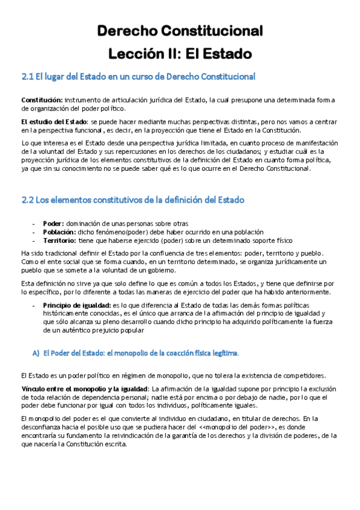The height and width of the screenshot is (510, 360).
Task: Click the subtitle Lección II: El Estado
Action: pos(180,54)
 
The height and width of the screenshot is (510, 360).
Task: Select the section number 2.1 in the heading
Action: pos(28,77)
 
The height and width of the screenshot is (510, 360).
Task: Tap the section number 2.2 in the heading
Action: pos(28,200)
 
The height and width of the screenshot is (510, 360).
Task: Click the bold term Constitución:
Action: pos(41,99)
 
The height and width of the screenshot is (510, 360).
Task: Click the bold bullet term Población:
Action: pos(59,232)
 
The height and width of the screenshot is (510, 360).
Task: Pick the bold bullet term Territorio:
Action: pos(59,240)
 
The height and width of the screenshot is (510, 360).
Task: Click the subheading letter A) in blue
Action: pos(36,352)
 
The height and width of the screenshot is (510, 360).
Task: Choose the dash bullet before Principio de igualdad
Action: pos(34,305)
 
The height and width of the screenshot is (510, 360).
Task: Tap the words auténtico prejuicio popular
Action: pos(99,330)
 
